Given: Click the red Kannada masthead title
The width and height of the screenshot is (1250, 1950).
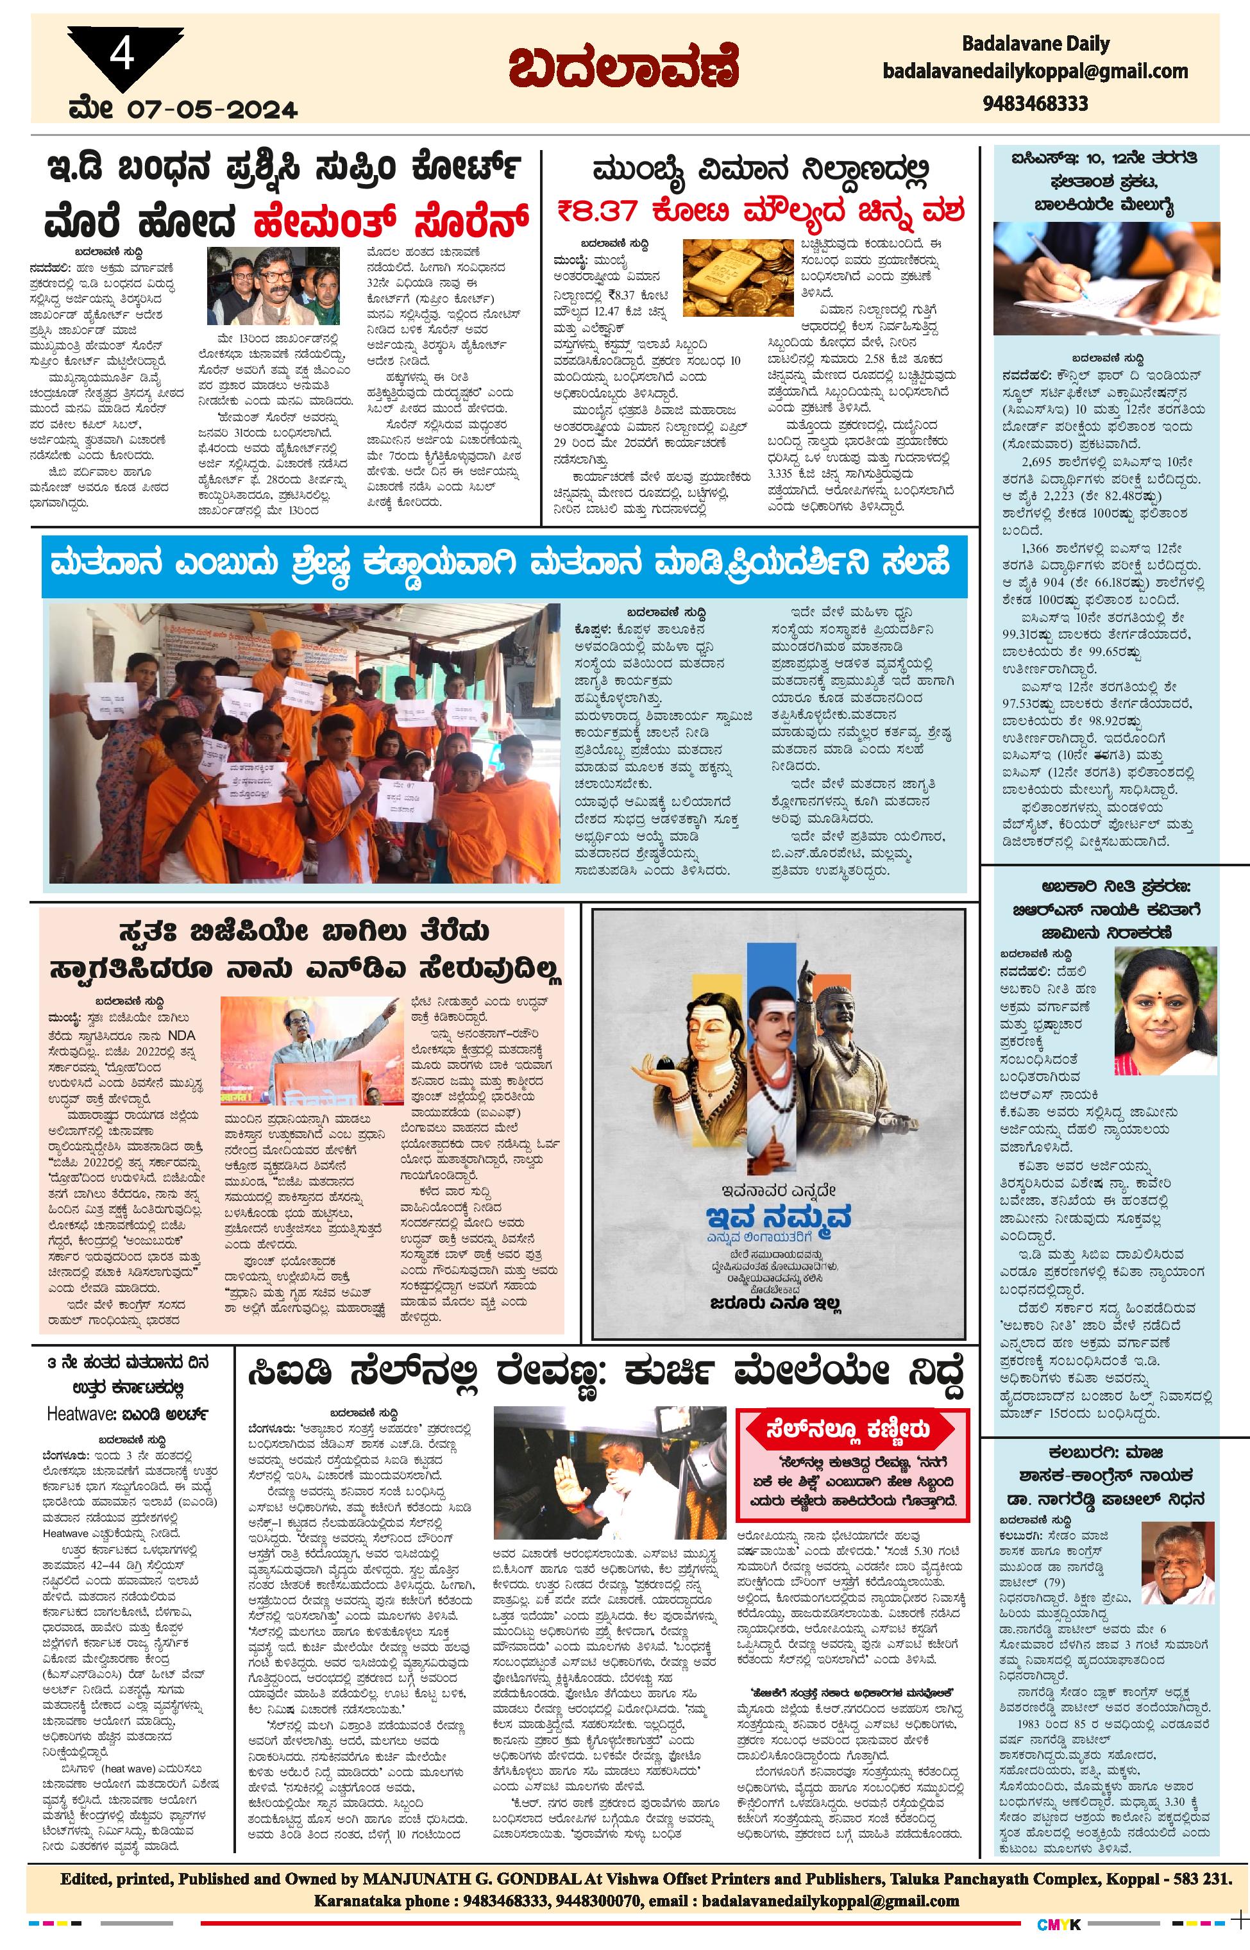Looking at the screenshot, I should pyautogui.click(x=624, y=69).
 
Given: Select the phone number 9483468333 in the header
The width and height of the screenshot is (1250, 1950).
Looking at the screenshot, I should pyautogui.click(x=1035, y=103).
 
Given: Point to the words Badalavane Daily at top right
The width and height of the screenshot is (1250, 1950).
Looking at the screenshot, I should pyautogui.click(x=1035, y=44).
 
